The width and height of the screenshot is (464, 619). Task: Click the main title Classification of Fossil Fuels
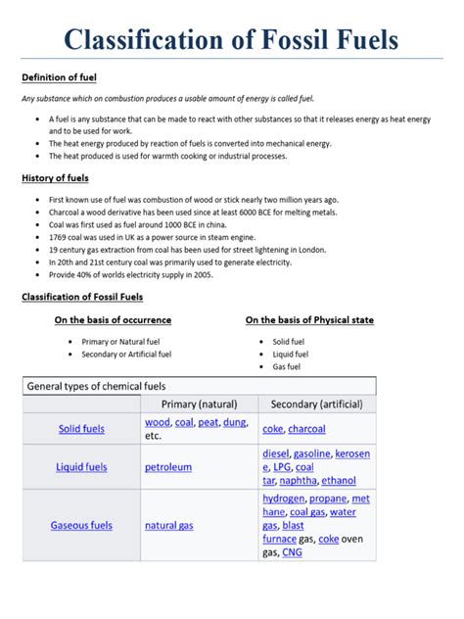click(232, 40)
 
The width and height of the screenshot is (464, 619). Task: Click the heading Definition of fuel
click(59, 77)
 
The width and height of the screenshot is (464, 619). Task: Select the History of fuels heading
click(55, 178)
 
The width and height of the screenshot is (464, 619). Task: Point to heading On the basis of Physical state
click(309, 320)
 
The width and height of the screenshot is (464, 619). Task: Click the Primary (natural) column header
click(199, 405)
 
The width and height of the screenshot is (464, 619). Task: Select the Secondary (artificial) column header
click(316, 405)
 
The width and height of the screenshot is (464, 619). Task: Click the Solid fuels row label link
click(81, 429)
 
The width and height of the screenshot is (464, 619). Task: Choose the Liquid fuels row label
click(81, 467)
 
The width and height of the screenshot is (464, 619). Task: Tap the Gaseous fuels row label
click(81, 526)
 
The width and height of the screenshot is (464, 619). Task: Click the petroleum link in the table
click(168, 467)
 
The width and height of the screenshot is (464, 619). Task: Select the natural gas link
click(169, 526)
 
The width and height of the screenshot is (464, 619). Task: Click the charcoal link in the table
click(306, 429)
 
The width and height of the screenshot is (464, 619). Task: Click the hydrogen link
click(284, 499)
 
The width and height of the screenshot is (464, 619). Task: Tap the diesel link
click(276, 454)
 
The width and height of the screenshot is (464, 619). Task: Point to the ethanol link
click(339, 481)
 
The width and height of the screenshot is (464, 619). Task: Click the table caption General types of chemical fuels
click(103, 386)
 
